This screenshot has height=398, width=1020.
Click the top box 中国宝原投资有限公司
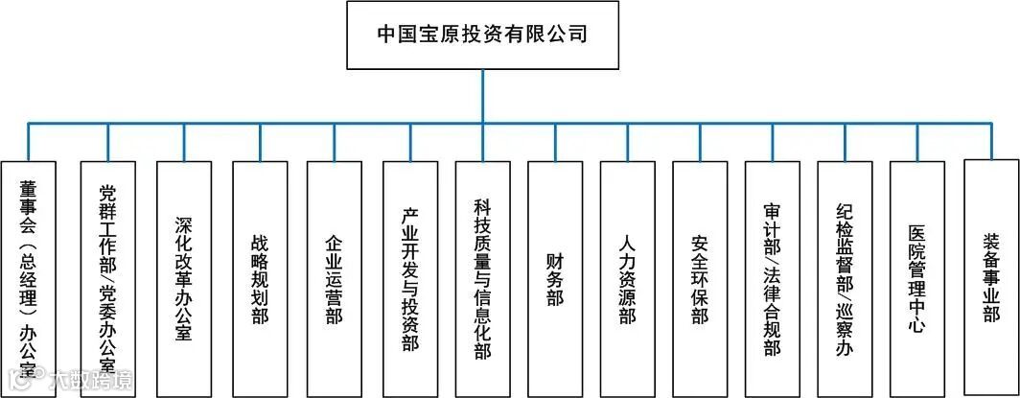tap(482, 35)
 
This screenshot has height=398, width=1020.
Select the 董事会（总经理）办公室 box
tap(28, 278)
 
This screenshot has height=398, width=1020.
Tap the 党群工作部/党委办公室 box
tap(107, 278)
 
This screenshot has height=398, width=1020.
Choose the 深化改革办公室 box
tap(184, 278)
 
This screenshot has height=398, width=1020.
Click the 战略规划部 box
tap(260, 278)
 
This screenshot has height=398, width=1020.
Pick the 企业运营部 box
tap(335, 278)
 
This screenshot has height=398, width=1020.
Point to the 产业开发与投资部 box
tap(409, 278)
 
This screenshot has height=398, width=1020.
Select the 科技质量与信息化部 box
tap(482, 278)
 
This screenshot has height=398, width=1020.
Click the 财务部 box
tap(555, 278)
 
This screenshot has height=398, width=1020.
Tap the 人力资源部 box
tap(628, 278)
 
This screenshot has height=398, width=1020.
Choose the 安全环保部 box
tap(700, 278)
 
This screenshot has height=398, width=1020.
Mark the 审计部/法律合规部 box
tap(773, 278)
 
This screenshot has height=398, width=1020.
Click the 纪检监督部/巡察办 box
tap(845, 278)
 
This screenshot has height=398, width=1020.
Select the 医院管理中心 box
tap(917, 278)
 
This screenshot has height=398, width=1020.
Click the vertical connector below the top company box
tap(482, 96)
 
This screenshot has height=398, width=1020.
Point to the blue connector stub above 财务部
tap(555, 142)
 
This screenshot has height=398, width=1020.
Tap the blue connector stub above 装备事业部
tap(991, 140)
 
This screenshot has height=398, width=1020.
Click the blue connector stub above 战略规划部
tap(260, 142)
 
